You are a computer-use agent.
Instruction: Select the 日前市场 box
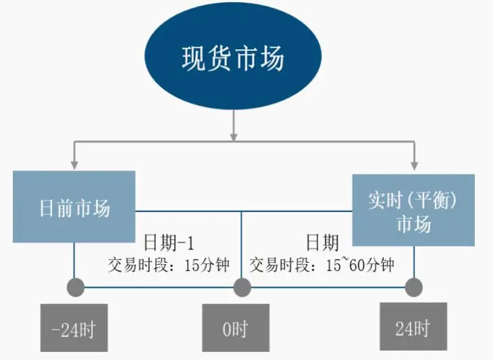pos(74,207)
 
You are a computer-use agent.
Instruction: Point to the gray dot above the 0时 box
pos(242,287)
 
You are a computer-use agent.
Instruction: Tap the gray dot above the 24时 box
pos(413,287)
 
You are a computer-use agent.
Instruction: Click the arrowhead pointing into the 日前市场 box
pos(74,165)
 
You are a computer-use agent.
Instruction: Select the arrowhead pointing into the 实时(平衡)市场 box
pos(413,165)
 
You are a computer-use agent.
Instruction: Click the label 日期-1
pos(169,242)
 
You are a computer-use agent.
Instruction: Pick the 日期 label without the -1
pos(323,242)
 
